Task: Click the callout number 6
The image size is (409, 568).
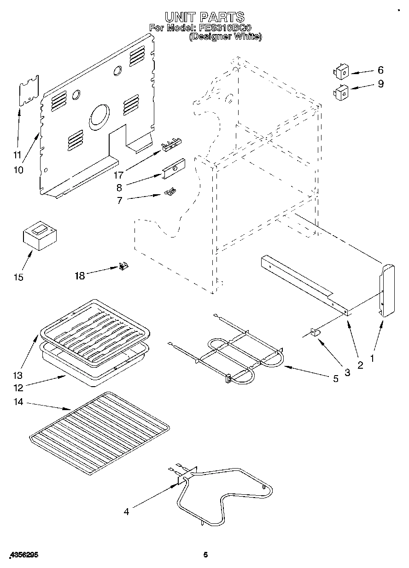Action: click(380, 70)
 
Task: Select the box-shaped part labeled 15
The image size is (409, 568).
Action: click(39, 236)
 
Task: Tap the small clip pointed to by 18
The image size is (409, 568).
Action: click(123, 267)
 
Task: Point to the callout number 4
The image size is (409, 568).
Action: click(126, 511)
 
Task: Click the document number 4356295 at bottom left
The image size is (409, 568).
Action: click(23, 556)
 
